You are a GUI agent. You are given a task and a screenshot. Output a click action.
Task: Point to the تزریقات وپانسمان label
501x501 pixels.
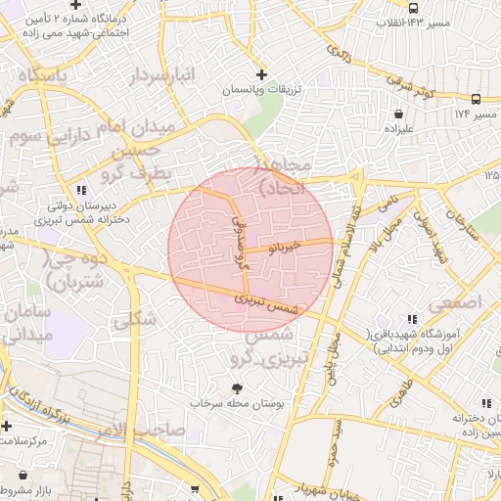[260, 89]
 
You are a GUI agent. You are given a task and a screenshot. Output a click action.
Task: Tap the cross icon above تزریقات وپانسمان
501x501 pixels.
[260, 74]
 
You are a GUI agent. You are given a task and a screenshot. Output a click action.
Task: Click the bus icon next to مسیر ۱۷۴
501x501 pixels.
[476, 99]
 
